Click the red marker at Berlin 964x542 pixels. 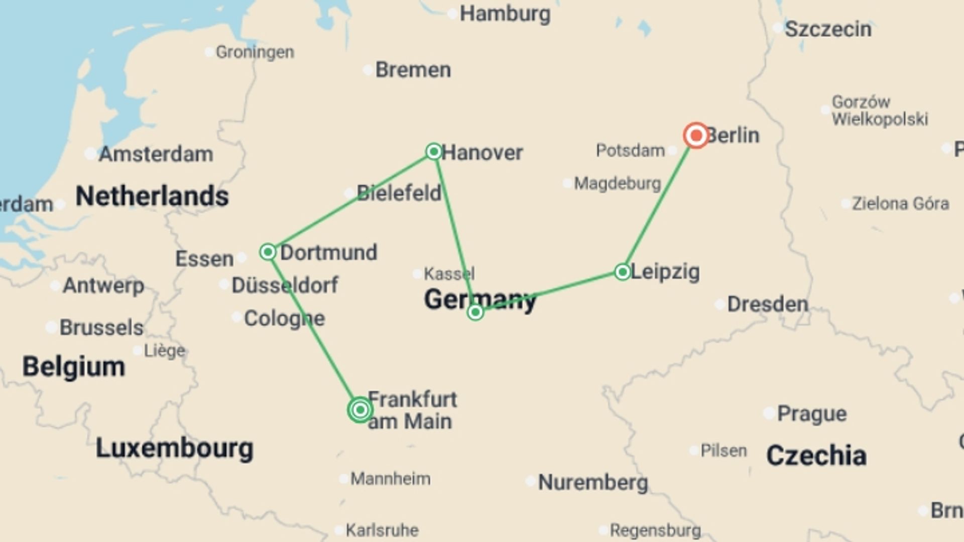(x=696, y=135)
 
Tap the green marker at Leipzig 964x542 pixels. (x=623, y=272)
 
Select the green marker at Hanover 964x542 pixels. (x=434, y=151)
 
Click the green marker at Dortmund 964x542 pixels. (x=268, y=251)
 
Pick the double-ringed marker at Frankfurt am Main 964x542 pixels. (x=359, y=410)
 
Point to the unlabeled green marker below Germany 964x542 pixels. (x=475, y=313)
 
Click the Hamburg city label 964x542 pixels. (x=505, y=14)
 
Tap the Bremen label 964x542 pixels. (x=413, y=70)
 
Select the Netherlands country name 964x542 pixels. (x=152, y=196)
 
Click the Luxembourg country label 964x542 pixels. (x=174, y=448)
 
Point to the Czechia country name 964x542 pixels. (x=816, y=456)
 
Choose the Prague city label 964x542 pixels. (x=811, y=414)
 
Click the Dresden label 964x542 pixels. (x=767, y=304)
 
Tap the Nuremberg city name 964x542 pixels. (x=592, y=482)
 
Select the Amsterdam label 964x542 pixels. (x=156, y=154)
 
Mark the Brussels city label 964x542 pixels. (x=101, y=328)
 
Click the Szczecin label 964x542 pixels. (x=827, y=29)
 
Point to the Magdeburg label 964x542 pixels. (x=617, y=184)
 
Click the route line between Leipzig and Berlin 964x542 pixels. (x=659, y=204)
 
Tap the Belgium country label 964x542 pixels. (x=73, y=366)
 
